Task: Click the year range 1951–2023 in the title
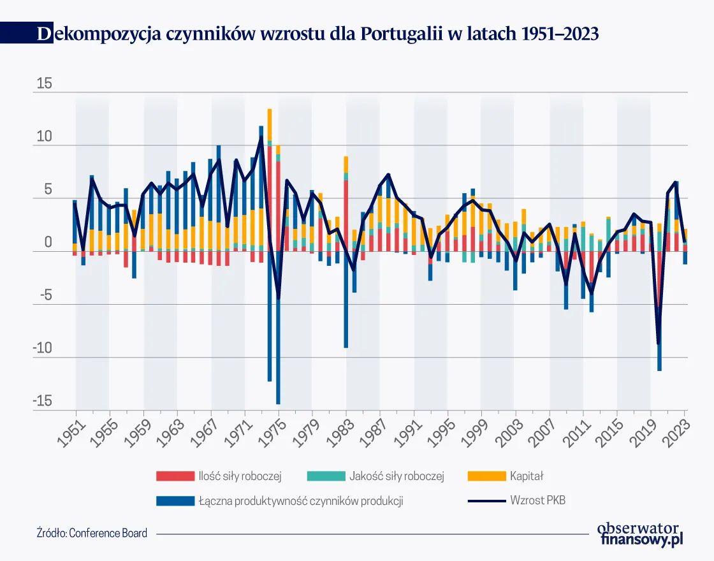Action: [560, 34]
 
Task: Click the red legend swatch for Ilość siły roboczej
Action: [175, 476]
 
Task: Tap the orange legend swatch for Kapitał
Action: [486, 476]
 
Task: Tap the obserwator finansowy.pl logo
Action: [641, 534]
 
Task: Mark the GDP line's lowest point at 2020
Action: [658, 344]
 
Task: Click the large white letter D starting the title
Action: [43, 34]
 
